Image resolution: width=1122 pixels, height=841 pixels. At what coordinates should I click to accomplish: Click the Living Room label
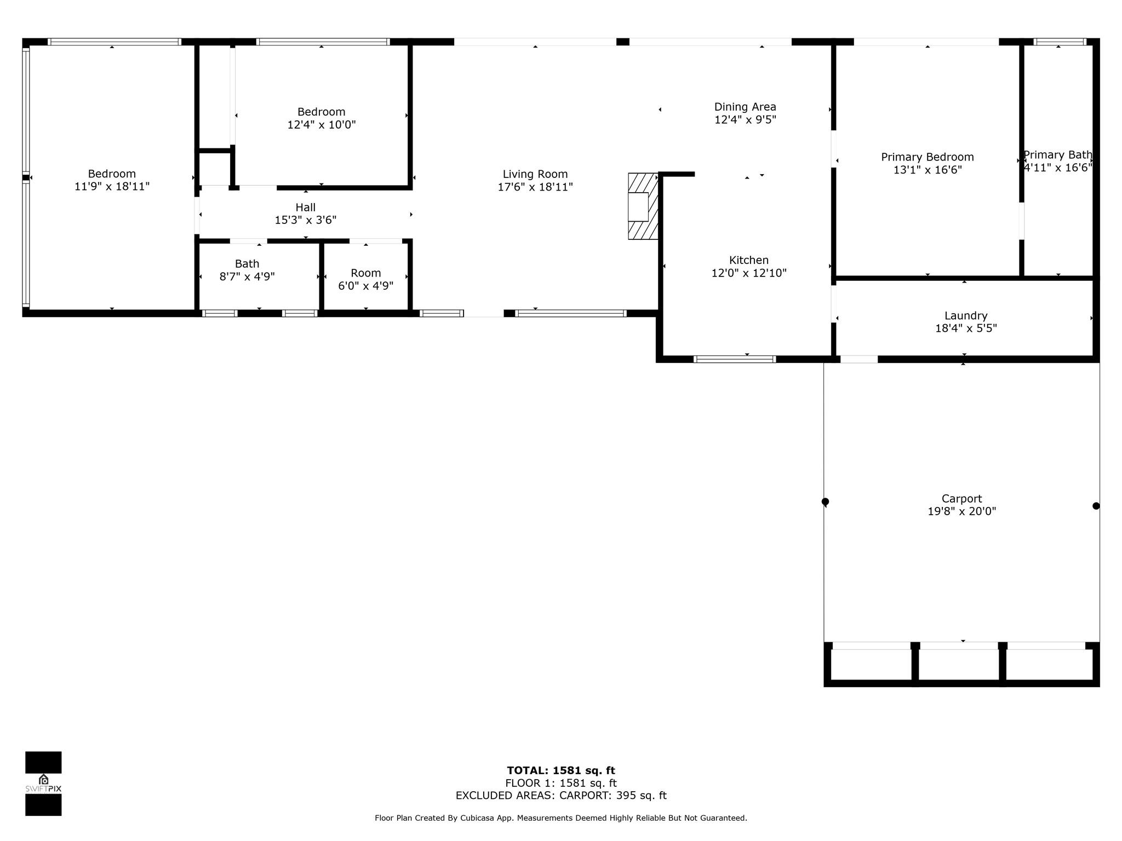(535, 174)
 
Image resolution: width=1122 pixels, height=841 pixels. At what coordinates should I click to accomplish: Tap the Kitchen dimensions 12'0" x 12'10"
(749, 273)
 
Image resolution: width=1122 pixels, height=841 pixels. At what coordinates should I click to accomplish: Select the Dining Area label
(745, 107)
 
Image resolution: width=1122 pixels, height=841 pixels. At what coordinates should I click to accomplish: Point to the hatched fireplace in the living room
(643, 206)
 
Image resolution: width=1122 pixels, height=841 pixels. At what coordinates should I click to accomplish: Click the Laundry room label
(966, 315)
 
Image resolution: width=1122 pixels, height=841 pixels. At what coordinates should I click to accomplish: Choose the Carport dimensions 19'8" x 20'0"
(962, 511)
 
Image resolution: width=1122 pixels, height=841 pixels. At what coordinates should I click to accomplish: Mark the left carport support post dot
(825, 502)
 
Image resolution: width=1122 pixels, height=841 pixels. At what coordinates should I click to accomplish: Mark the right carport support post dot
(1096, 506)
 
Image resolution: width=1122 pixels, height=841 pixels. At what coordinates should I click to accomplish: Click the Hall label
(306, 208)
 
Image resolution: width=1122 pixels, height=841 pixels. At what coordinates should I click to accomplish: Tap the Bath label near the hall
(247, 264)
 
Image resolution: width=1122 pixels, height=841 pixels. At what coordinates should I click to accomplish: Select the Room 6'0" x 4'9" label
(366, 279)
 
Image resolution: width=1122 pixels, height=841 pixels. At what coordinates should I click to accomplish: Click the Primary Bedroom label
(928, 157)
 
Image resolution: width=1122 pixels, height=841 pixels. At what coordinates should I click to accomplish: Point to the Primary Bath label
(1058, 155)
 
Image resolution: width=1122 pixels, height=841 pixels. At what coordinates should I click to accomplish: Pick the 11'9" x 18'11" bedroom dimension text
(112, 187)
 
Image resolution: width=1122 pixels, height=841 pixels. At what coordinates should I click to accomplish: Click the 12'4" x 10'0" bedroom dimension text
(322, 125)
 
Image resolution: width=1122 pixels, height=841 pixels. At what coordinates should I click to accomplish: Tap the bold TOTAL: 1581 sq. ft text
(561, 771)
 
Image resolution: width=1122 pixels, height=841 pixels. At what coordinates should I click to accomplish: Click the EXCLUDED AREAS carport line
(561, 796)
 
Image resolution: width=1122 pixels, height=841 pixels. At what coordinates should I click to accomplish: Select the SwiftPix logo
(43, 784)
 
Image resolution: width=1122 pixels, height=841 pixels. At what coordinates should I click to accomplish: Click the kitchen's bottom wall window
(735, 359)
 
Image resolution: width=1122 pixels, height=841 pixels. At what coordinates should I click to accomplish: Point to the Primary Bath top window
(1060, 42)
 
